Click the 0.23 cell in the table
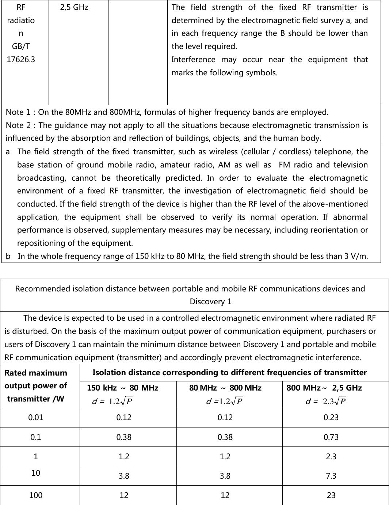click(331, 418)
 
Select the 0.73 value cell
click(331, 437)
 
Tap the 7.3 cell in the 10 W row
click(331, 476)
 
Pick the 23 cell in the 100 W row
click(331, 495)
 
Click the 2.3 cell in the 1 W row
click(331, 456)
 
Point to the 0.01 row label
click(36, 418)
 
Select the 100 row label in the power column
click(36, 495)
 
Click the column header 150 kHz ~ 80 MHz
click(123, 388)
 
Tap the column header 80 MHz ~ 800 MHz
click(225, 388)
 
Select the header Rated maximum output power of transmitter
click(36, 386)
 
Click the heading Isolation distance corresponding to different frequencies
click(229, 373)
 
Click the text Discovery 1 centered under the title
click(210, 302)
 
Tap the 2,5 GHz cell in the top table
click(74, 7)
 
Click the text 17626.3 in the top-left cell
click(21, 59)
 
